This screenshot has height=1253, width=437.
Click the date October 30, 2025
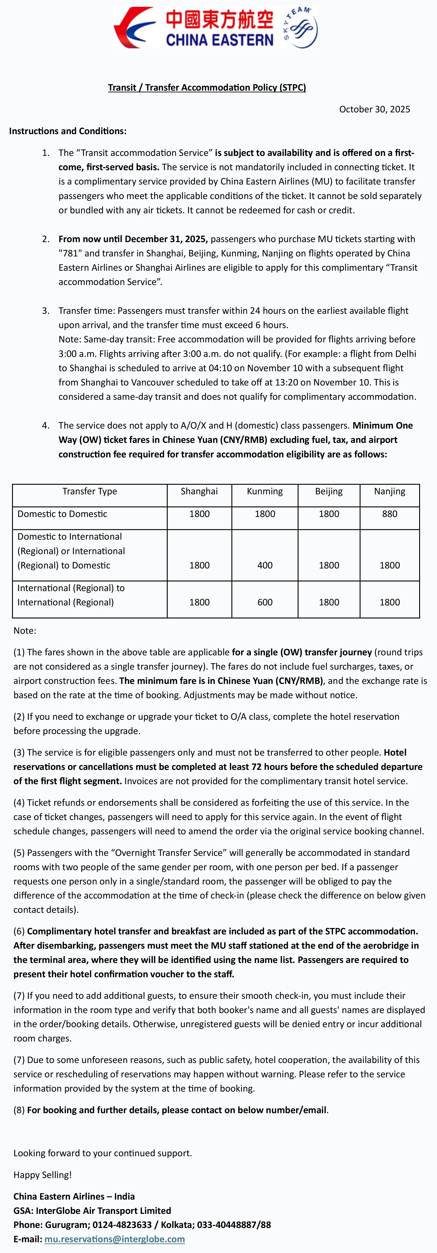pyautogui.click(x=374, y=110)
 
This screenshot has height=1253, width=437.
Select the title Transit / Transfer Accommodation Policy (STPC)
pyautogui.click(x=207, y=88)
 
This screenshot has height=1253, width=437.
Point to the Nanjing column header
pyautogui.click(x=389, y=491)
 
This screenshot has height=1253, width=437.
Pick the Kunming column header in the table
pyautogui.click(x=265, y=491)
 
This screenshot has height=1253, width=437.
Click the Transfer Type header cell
pyautogui.click(x=90, y=491)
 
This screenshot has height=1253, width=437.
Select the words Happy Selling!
pyautogui.click(x=42, y=1175)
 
